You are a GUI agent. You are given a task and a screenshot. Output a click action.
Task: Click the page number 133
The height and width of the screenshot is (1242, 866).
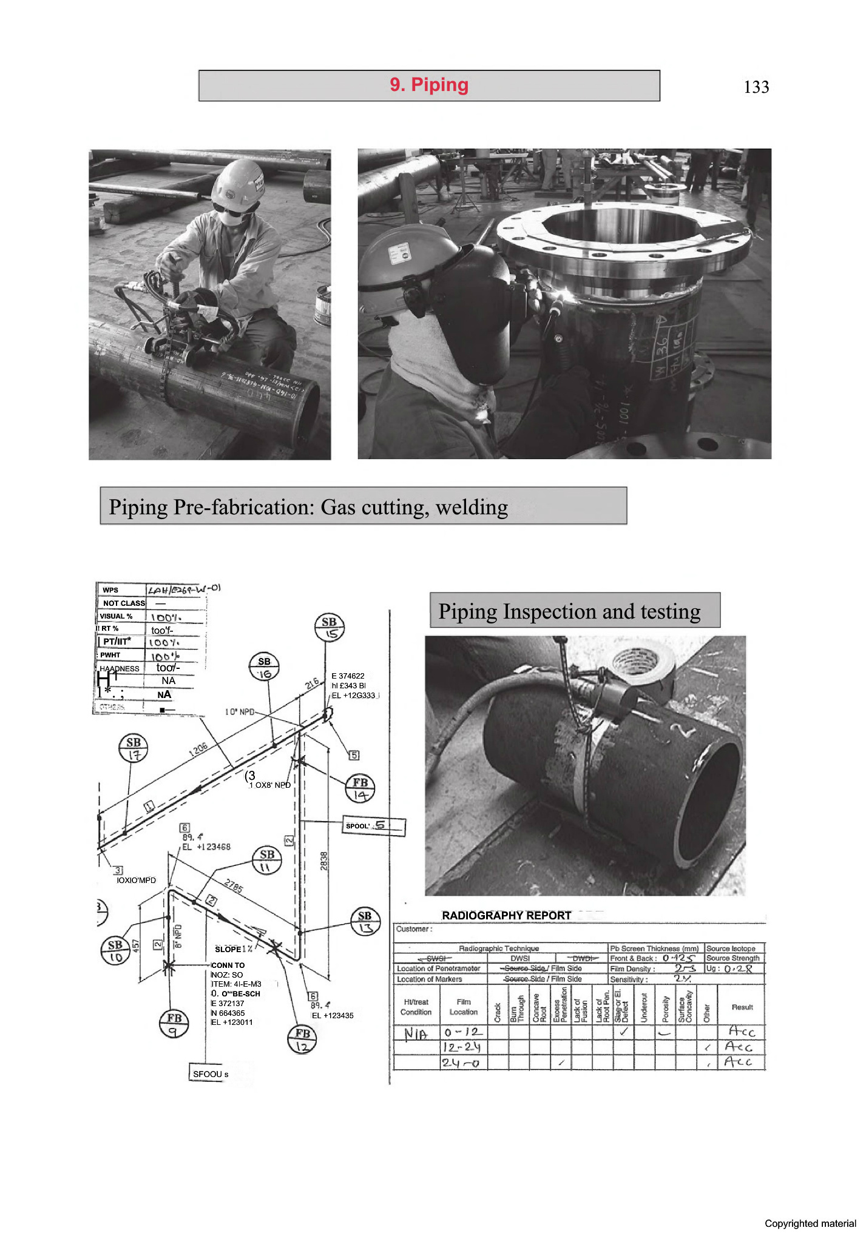tap(756, 87)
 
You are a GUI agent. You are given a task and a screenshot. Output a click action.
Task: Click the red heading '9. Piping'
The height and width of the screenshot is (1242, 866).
tap(429, 85)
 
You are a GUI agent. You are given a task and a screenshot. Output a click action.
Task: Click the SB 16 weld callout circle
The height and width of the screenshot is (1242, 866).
tap(264, 668)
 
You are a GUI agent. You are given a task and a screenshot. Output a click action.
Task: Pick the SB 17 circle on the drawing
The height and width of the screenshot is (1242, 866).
tap(134, 748)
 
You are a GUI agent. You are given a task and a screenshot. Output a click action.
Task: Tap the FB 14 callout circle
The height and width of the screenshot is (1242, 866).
tap(360, 788)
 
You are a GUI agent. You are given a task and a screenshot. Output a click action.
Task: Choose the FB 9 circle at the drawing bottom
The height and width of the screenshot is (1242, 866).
tap(174, 1024)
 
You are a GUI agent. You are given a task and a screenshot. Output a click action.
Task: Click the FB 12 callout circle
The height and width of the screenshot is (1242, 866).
tap(302, 1039)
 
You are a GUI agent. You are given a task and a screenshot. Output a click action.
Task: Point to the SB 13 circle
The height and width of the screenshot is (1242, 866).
tap(365, 921)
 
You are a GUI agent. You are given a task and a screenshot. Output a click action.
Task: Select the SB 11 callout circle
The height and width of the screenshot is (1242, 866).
tap(266, 860)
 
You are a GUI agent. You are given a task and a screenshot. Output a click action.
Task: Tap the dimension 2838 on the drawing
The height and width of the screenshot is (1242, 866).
tap(323, 861)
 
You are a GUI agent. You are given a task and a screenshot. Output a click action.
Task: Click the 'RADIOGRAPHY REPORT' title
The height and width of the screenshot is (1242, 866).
tap(506, 915)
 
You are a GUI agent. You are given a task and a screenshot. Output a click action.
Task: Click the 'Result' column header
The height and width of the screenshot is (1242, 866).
tap(742, 1007)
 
